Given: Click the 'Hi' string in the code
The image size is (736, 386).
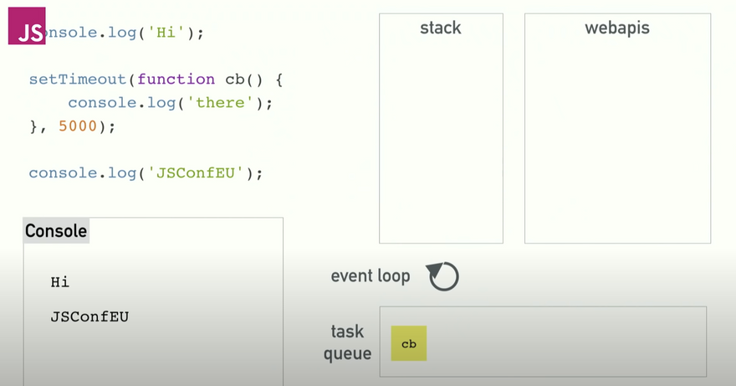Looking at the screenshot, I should pos(167,33).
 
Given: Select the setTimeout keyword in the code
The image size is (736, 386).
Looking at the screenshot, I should pos(78,80).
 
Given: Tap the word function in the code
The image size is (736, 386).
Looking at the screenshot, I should pos(176,80).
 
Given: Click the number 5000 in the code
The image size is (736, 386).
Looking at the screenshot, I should pos(78,126).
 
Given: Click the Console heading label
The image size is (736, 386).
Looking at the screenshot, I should pos(55,231).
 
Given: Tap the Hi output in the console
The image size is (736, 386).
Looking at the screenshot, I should pos(59,282).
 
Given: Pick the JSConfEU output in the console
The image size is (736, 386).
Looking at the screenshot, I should pos(89,317).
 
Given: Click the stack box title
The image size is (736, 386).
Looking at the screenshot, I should pos(441,28).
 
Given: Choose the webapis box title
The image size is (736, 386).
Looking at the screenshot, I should pos(617,28).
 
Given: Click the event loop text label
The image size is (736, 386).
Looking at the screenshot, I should pos(371,276).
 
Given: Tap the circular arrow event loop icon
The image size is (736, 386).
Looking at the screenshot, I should pos(444,276).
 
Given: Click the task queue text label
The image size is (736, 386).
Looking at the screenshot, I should pos(348,342).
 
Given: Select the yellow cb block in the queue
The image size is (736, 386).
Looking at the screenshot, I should pos(409,343).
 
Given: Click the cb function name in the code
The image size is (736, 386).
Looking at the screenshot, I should pos(234,80).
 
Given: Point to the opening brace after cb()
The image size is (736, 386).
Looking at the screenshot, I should pos(282,80).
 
